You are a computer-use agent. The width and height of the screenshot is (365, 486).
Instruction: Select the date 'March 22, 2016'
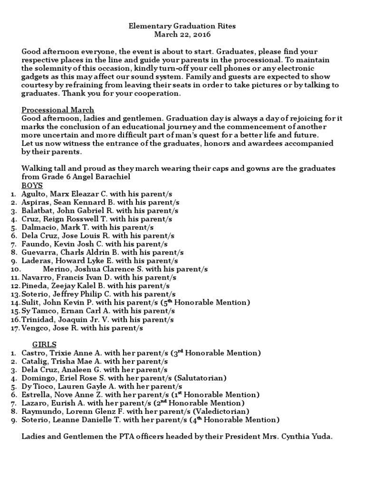click(x=182, y=35)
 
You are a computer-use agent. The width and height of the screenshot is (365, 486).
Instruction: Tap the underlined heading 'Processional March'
click(x=58, y=110)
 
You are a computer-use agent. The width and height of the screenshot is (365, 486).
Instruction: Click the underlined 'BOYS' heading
click(x=32, y=186)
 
